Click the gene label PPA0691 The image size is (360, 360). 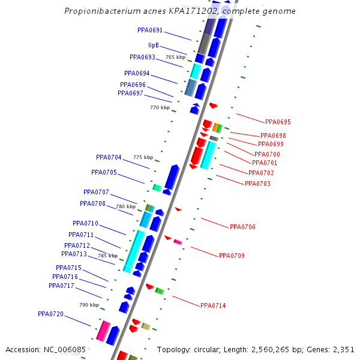[x=150, y=30]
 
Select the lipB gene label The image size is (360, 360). [x=154, y=45]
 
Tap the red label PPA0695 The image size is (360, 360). [x=278, y=122]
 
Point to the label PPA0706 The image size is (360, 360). [x=242, y=227]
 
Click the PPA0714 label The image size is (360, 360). [x=213, y=305]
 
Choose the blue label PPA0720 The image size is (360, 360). [x=50, y=314]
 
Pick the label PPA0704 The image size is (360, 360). [x=109, y=157]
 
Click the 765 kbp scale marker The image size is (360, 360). [x=175, y=57]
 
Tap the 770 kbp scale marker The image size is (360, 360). [x=160, y=107]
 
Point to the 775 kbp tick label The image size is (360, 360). [x=143, y=157]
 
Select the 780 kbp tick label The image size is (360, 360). [x=125, y=206]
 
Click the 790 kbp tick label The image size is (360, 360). [x=89, y=305]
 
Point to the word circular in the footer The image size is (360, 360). [x=209, y=349]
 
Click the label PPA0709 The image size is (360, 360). [x=232, y=256]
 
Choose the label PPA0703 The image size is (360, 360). [x=257, y=183]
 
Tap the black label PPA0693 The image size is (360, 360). [x=142, y=57]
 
